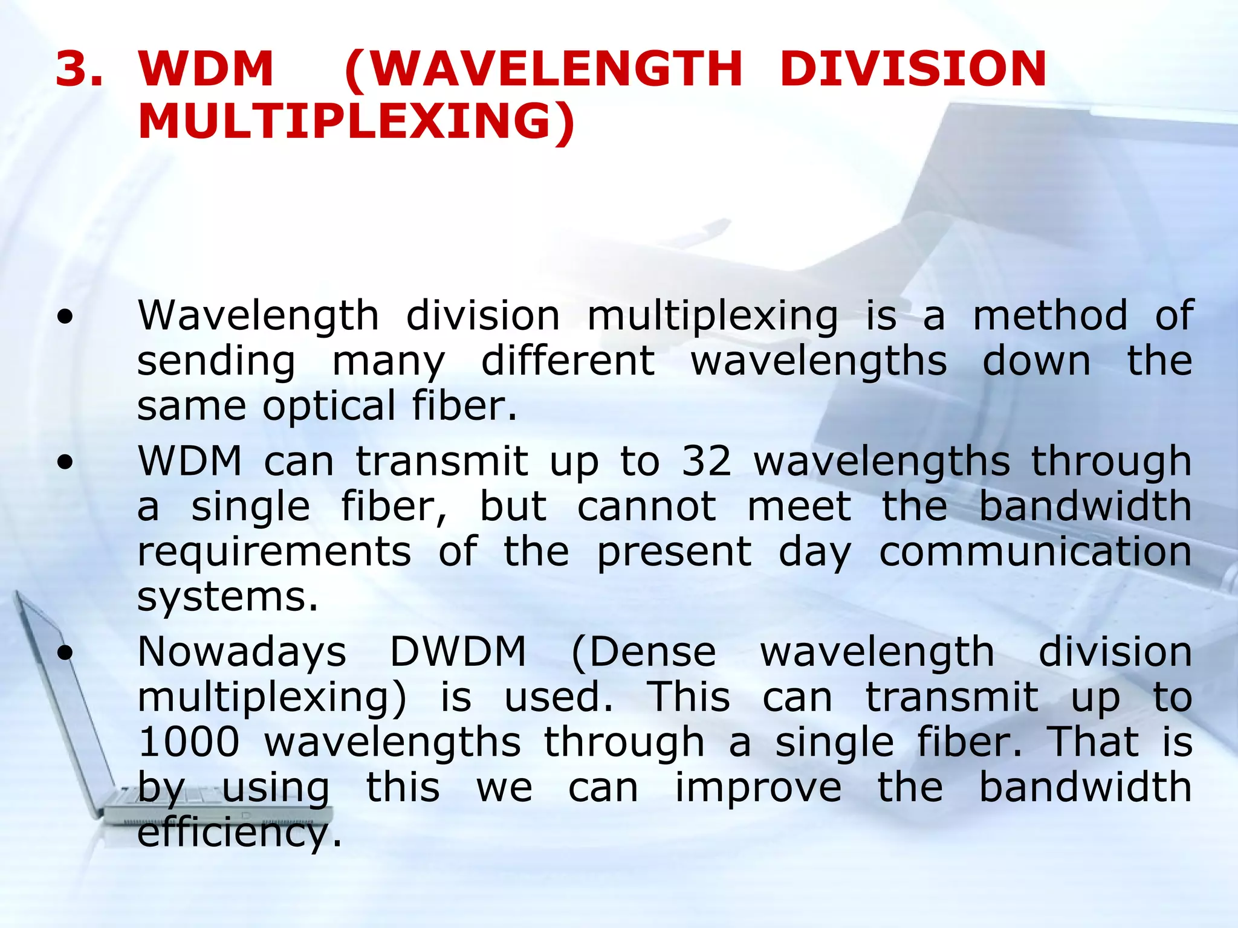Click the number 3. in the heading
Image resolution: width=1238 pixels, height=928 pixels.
point(79,68)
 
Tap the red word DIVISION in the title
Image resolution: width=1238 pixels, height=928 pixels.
point(913,68)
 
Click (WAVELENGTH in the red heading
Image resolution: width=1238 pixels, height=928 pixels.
point(543,68)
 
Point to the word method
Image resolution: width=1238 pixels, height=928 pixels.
point(1050,315)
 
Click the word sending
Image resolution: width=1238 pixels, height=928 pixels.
point(216,361)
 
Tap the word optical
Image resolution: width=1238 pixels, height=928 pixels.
point(329,406)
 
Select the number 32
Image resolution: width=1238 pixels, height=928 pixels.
point(707,461)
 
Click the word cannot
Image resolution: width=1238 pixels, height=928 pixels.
point(647,506)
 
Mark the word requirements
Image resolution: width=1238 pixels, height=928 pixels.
point(274,551)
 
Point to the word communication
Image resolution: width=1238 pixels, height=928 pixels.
point(1035,551)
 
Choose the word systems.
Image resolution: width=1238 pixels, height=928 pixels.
point(227,597)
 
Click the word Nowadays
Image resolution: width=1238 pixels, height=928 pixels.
point(242,652)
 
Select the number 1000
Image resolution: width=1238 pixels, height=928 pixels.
point(189,741)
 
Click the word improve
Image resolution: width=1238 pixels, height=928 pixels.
point(758,787)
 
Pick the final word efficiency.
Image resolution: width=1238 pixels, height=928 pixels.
point(239,833)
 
